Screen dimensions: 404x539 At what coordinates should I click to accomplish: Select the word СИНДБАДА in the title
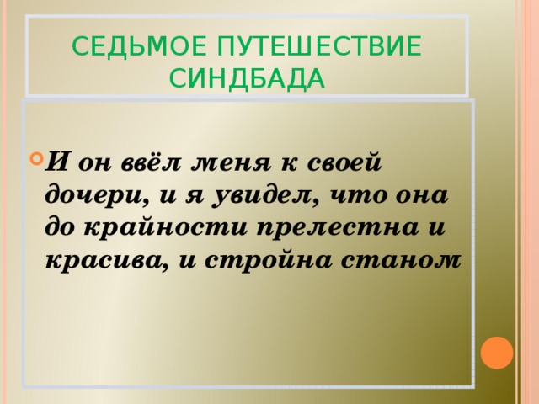pyautogui.click(x=247, y=78)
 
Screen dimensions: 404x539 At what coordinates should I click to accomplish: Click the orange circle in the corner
pyautogui.click(x=498, y=353)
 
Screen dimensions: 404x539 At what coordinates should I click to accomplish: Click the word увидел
pyautogui.click(x=252, y=194)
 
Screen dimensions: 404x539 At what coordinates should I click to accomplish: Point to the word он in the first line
pyautogui.click(x=95, y=160)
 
